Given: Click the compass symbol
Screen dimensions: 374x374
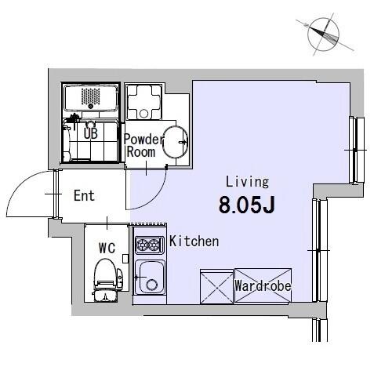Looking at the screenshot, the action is tap(324, 34).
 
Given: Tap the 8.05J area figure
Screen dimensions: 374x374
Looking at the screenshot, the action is tap(247, 205).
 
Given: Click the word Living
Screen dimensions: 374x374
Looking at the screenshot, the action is tap(247, 182).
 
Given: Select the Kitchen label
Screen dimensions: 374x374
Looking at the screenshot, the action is tap(194, 241).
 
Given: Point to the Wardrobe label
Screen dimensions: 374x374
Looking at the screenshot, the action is tap(263, 285).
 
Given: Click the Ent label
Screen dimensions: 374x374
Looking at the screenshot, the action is tap(84, 195).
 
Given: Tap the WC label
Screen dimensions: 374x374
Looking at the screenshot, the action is tap(107, 248).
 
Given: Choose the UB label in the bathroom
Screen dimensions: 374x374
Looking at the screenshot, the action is tap(91, 133).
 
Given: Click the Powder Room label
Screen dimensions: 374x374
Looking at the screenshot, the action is tap(143, 145).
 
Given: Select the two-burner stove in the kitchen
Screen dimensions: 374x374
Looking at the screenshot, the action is tap(149, 245).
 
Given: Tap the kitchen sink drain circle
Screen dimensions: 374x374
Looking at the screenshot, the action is tap(151, 285).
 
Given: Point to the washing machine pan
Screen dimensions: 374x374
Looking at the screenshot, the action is tap(143, 102).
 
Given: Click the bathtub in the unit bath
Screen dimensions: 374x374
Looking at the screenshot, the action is tap(90, 97).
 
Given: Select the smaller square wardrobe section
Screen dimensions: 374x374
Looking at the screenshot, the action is tap(216, 287).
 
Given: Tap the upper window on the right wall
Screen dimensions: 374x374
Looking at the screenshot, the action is tap(357, 150).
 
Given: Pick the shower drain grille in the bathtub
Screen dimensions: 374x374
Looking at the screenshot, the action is tap(90, 97).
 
